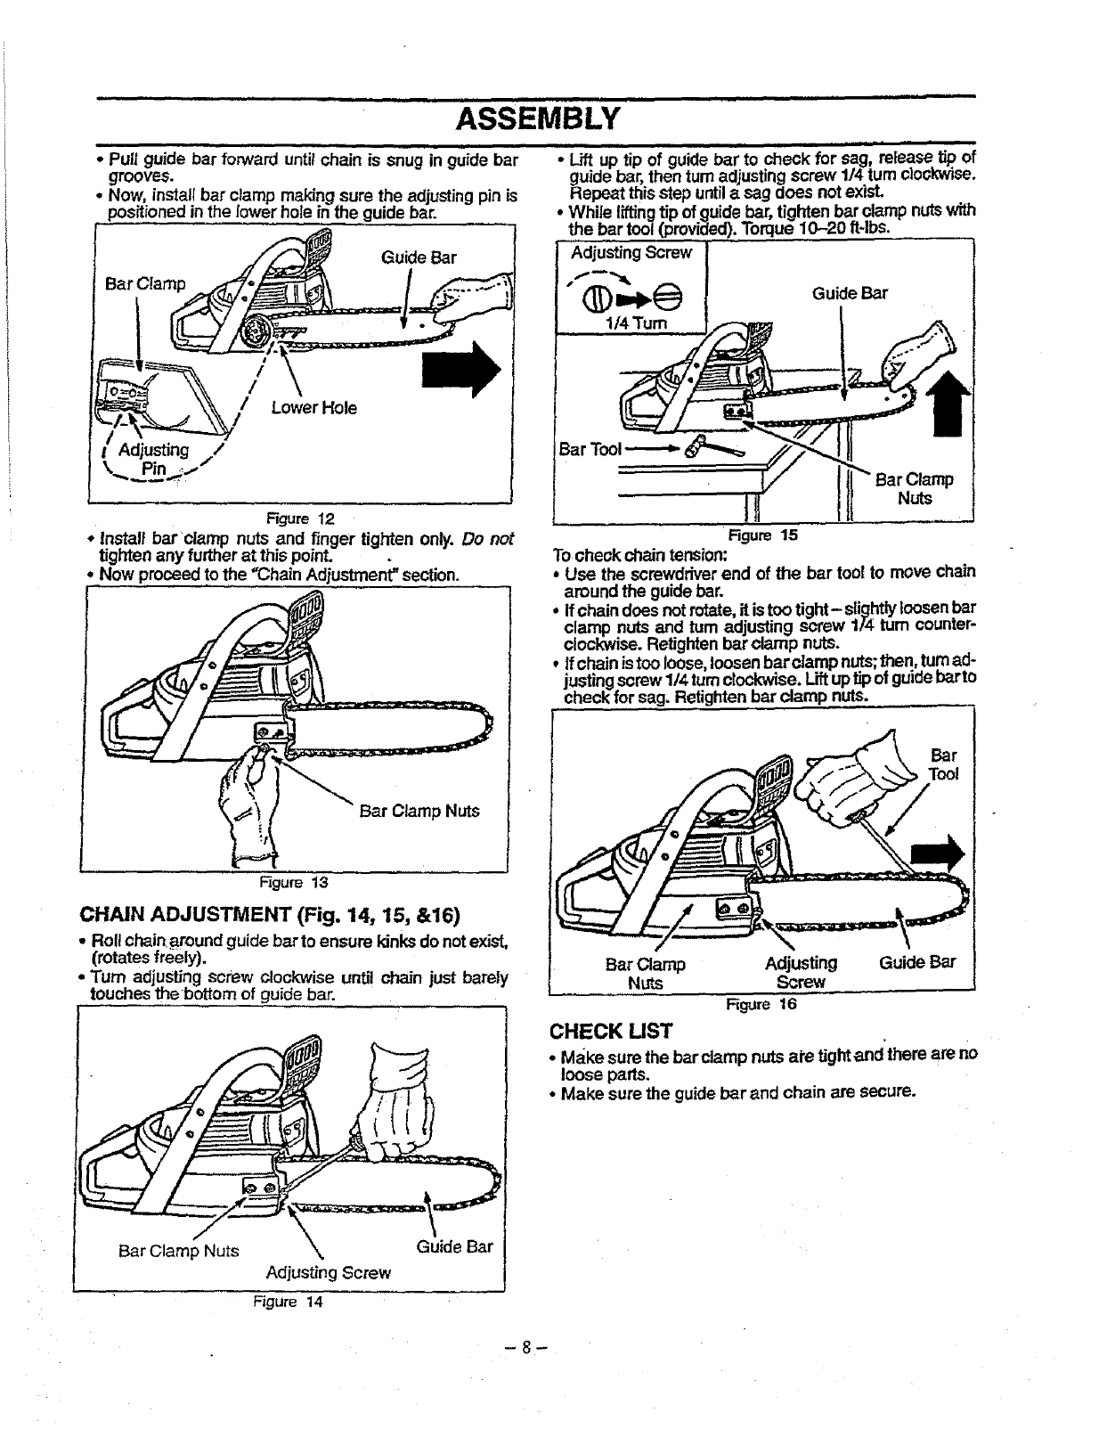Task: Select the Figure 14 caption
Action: pyautogui.click(x=287, y=1302)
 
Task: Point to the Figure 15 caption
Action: pyautogui.click(x=762, y=535)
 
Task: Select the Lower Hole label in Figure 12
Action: pyautogui.click(x=314, y=408)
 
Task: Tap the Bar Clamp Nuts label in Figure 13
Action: pyautogui.click(x=419, y=811)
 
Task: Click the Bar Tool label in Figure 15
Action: pyautogui.click(x=590, y=447)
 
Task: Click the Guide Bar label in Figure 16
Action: pyautogui.click(x=917, y=962)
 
